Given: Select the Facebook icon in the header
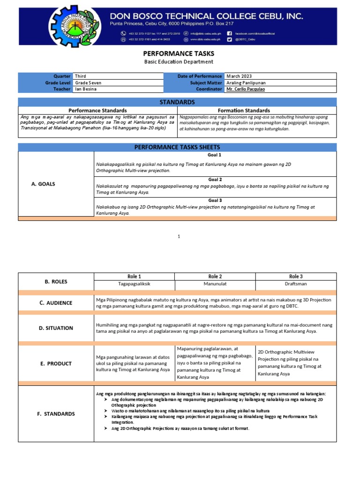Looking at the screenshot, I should (x=229, y=33).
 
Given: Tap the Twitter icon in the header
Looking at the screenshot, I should (x=229, y=39).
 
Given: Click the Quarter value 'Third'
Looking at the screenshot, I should (x=81, y=76).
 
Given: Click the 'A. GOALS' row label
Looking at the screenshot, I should (x=43, y=184).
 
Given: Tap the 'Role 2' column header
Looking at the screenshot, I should (x=215, y=277).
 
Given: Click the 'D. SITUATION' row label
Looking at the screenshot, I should (x=56, y=328).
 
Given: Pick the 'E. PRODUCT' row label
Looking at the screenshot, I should (x=56, y=363).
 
